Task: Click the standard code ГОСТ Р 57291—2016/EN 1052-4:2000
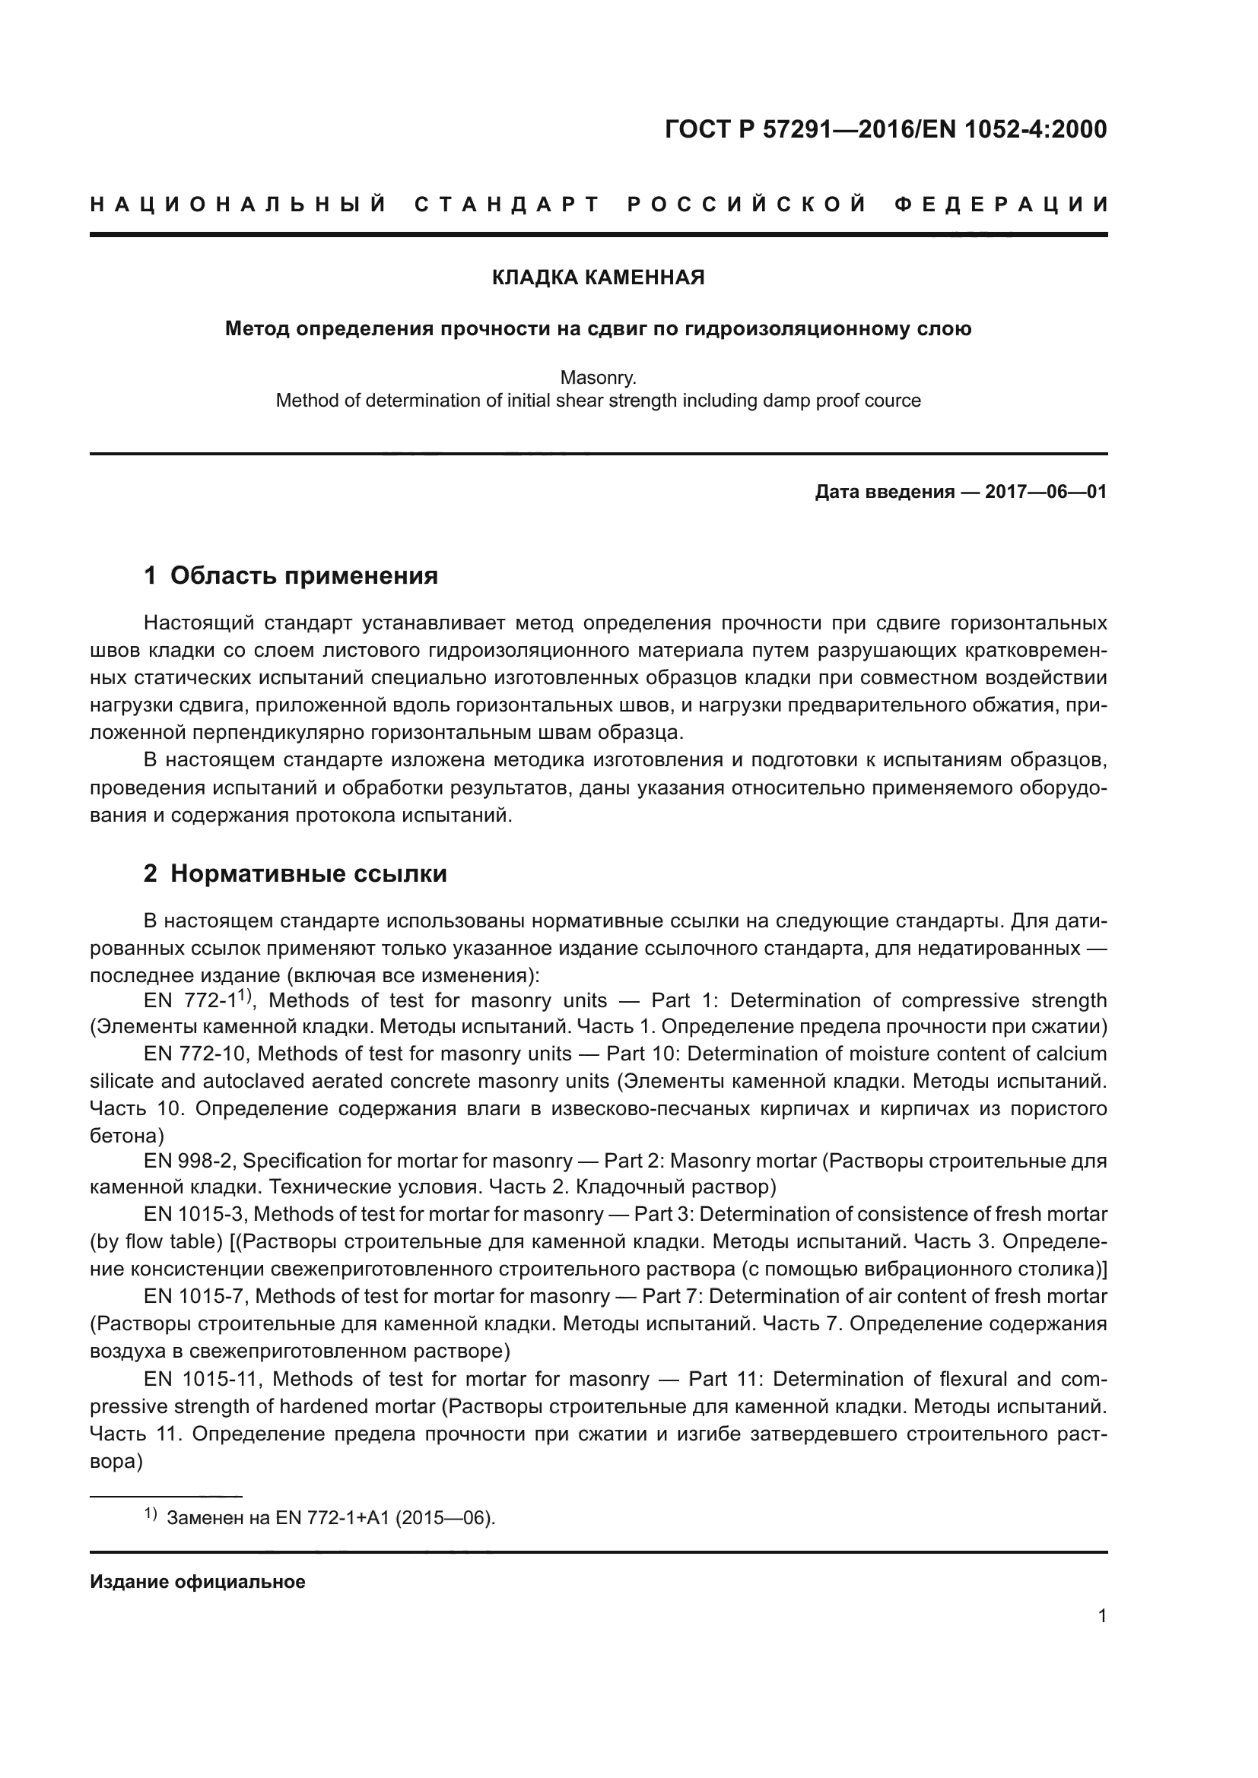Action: (x=885, y=129)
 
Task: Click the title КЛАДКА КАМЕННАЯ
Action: (x=598, y=277)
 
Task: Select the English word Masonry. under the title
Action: (x=598, y=378)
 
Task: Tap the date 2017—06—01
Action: (x=1045, y=492)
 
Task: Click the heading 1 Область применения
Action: (x=291, y=575)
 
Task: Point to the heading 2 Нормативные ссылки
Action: (x=295, y=873)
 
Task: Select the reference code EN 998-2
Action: (x=189, y=1161)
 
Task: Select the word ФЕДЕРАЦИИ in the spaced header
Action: (x=1000, y=204)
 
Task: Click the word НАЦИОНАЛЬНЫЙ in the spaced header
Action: (x=239, y=204)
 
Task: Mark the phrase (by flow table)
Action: (x=157, y=1241)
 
